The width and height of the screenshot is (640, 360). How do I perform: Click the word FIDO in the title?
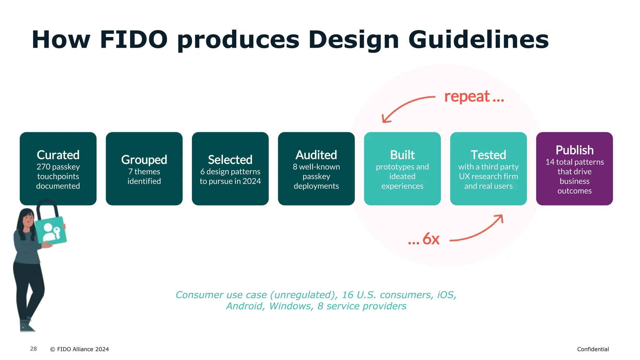click(x=134, y=40)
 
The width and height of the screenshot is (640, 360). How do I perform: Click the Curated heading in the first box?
click(x=58, y=155)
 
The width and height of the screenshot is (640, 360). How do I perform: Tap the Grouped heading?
click(x=144, y=160)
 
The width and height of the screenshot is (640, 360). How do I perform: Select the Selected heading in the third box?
click(x=230, y=160)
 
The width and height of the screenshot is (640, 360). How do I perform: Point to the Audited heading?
click(x=316, y=155)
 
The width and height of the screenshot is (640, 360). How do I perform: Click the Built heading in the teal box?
click(x=402, y=155)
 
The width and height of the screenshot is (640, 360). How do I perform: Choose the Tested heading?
click(x=488, y=155)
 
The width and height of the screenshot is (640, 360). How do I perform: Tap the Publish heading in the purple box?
click(x=574, y=150)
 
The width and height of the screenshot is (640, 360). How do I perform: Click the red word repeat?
click(x=467, y=97)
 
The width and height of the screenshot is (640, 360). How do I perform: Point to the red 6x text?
click(x=431, y=239)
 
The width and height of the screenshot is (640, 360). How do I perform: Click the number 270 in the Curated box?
click(x=43, y=167)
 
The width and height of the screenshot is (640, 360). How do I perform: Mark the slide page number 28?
click(x=33, y=349)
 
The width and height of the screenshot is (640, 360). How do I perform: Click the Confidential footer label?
click(x=593, y=349)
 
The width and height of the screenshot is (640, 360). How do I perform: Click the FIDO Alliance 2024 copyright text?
click(x=80, y=349)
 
